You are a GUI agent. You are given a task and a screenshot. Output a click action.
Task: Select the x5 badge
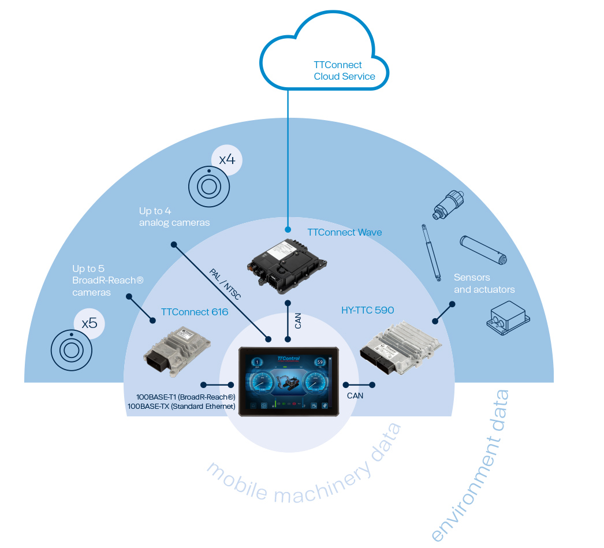pos(90,323)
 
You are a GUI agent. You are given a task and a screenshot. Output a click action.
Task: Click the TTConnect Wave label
pos(344,232)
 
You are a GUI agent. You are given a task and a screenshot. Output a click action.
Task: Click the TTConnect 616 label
pos(195,312)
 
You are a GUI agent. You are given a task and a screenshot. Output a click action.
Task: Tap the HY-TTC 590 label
pos(367,310)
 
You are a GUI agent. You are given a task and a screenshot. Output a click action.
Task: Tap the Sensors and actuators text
pos(484,284)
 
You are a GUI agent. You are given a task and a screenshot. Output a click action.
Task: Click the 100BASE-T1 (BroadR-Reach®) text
pos(185,397)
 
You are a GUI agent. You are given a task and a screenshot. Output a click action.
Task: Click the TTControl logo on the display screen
pos(289,359)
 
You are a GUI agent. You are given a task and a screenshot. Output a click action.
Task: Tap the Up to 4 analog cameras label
pos(174,217)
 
